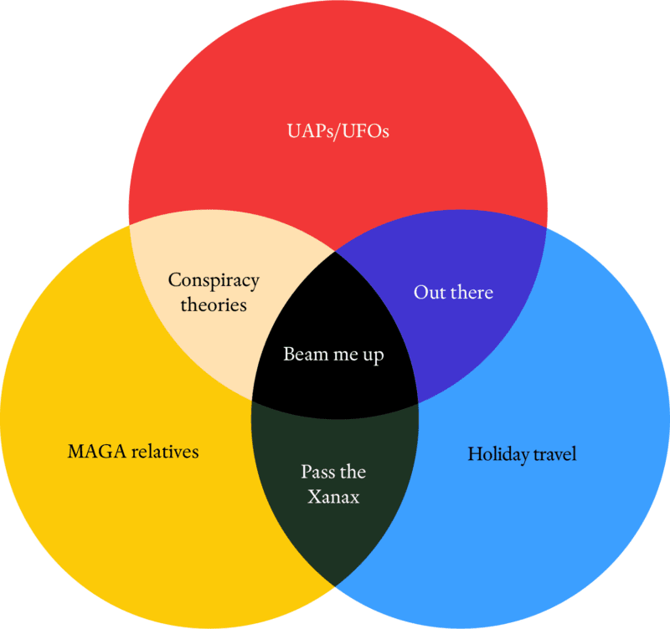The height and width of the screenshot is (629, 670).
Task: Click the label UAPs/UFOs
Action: (338, 131)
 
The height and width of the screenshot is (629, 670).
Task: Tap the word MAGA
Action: (96, 452)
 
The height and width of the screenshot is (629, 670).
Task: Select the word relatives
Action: (165, 452)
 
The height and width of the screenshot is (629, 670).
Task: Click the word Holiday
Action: (498, 454)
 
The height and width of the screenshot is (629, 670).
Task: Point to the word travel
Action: (555, 453)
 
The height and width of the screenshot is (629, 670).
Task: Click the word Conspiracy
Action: (214, 282)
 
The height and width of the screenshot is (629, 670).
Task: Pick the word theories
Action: (214, 305)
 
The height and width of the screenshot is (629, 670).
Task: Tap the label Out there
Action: (453, 292)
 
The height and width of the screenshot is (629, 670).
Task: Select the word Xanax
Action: (333, 497)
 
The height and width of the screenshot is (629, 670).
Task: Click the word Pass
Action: (317, 472)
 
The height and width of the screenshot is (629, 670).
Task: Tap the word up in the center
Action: (374, 356)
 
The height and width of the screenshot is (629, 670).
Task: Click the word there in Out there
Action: (472, 292)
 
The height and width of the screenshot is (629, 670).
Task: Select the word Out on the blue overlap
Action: (430, 292)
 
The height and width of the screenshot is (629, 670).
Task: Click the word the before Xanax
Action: (351, 472)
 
